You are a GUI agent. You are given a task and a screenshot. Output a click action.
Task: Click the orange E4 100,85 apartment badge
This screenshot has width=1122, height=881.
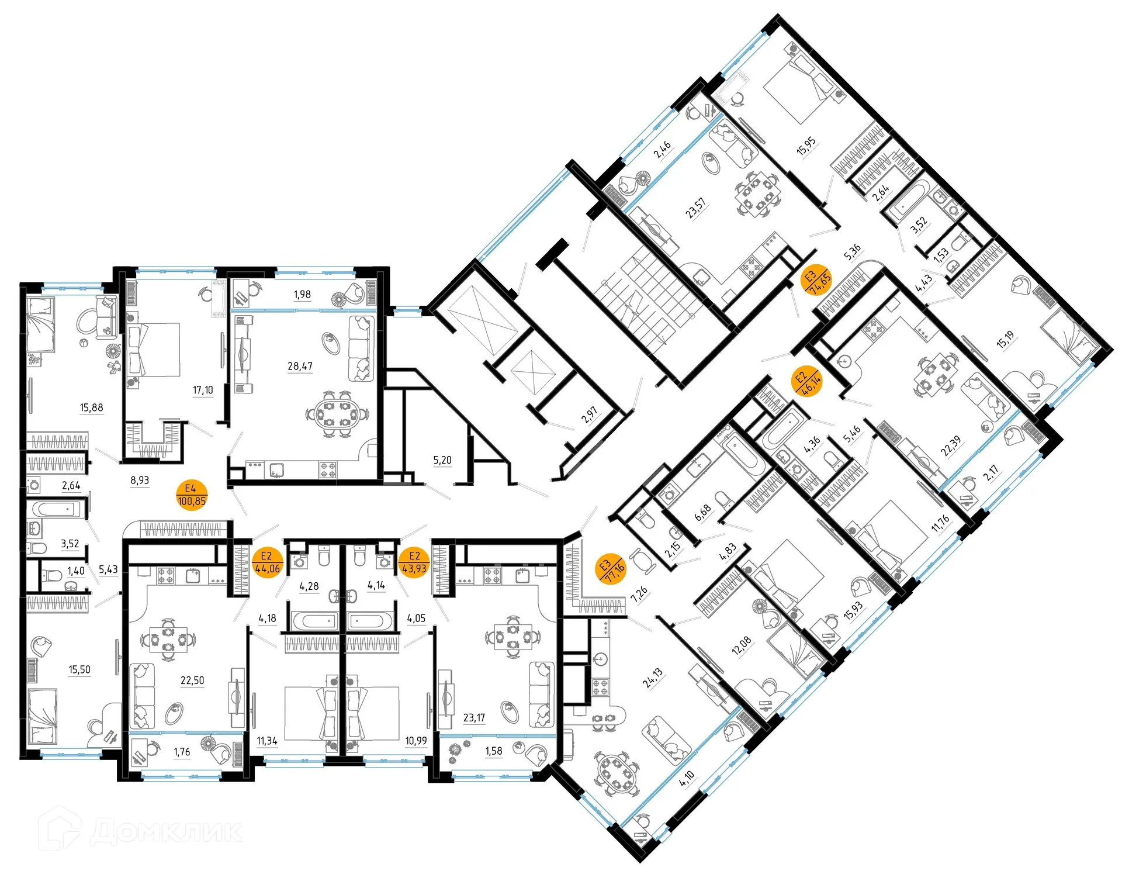(192, 495)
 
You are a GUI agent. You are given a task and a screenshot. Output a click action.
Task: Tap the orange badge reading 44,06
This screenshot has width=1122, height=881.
(267, 562)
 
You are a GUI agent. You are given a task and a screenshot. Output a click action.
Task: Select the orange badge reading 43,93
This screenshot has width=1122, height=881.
(414, 562)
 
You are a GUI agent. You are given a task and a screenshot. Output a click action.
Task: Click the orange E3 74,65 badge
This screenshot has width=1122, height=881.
(816, 279)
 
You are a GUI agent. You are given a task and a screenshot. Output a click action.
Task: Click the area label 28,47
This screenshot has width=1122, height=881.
(300, 366)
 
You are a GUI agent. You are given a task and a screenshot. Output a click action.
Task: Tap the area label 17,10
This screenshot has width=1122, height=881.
(203, 390)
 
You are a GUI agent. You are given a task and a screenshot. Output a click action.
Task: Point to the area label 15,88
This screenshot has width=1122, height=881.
(92, 407)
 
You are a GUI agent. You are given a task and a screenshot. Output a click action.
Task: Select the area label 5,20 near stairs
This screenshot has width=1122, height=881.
(442, 460)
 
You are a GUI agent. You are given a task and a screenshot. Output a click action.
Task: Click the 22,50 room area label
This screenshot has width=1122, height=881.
(192, 680)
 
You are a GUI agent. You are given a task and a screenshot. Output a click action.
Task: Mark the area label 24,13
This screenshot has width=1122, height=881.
(653, 678)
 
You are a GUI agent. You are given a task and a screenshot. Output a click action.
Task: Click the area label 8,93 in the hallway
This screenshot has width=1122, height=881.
(140, 480)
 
